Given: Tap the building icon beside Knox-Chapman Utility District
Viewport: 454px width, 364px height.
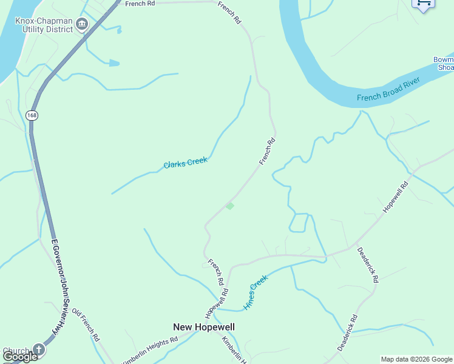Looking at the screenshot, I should click(82, 24).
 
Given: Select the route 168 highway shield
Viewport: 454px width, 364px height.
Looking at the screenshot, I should click(32, 115).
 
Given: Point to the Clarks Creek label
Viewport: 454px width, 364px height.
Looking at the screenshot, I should click(186, 163).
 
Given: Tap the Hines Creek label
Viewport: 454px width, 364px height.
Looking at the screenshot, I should click(256, 293).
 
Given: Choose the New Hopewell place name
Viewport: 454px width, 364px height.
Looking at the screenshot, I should click(204, 327).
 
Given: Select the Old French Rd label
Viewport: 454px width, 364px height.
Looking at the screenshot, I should click(86, 325).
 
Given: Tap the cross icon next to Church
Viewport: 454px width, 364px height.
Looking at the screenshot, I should click(38, 349).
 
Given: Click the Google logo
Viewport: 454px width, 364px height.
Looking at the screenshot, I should click(19, 357).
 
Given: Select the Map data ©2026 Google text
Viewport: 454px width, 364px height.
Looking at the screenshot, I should click(416, 359).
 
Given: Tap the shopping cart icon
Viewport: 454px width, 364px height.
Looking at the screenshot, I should click(424, 4).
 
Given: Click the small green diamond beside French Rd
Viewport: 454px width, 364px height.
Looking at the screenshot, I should click(229, 206).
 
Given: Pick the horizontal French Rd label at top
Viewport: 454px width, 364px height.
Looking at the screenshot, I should click(140, 4).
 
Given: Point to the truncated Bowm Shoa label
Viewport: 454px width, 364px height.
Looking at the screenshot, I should click(444, 63).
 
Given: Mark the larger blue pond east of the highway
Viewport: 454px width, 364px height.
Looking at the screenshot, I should click(113, 62).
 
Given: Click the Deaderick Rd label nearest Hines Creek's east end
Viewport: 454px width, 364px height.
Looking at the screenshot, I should click(368, 265).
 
